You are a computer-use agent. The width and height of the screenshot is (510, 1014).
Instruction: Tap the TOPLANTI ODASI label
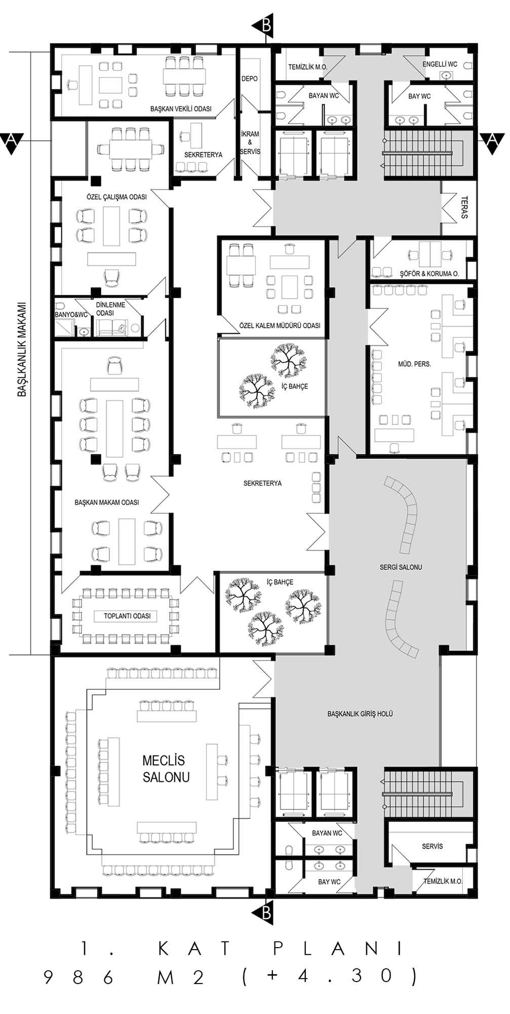[127, 616]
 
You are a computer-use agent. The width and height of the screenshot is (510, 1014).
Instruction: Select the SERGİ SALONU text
[401, 567]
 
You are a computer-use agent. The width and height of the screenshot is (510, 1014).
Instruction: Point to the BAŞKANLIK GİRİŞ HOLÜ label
[360, 714]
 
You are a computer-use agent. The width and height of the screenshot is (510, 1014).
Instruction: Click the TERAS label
[465, 207]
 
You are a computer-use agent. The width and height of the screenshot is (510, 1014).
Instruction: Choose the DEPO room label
[249, 79]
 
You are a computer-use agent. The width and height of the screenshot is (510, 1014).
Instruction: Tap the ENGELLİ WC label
[440, 64]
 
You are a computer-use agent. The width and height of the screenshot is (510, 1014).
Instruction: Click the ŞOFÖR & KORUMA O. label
[429, 274]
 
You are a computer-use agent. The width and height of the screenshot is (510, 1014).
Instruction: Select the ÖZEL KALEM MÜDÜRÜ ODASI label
[280, 325]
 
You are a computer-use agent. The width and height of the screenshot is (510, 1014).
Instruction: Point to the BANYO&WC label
[71, 315]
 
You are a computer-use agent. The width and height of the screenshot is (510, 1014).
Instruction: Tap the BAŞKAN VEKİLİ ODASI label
[181, 109]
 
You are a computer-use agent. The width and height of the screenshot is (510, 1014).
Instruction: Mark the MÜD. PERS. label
[414, 364]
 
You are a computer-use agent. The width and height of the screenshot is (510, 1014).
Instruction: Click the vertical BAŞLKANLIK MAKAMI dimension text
[22, 349]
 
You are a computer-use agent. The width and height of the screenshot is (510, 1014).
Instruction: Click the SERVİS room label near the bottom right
[433, 846]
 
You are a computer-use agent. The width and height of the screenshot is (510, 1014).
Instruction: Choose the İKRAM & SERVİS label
[250, 143]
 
